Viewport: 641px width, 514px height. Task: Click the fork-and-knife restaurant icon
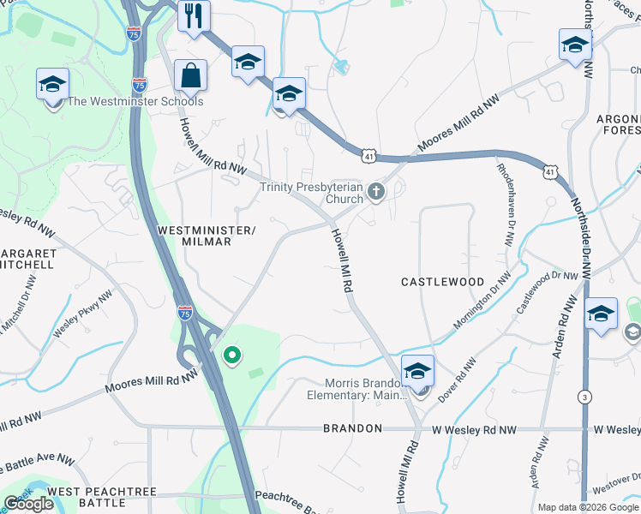tap(194, 15)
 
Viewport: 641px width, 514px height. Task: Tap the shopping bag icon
tap(190, 75)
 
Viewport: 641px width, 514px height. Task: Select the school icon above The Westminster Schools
tap(52, 84)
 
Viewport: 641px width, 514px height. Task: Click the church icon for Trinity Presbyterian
tap(375, 192)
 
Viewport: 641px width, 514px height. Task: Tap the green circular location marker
tap(231, 355)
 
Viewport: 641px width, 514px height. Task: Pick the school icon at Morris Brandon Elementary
tap(417, 372)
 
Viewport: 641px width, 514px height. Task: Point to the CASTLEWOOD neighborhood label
tap(443, 282)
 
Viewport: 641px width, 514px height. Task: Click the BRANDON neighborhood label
tap(352, 428)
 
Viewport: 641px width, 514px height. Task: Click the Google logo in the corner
tap(29, 504)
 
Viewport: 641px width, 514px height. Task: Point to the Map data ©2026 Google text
tap(588, 507)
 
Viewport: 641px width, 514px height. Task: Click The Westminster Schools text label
tap(135, 102)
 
